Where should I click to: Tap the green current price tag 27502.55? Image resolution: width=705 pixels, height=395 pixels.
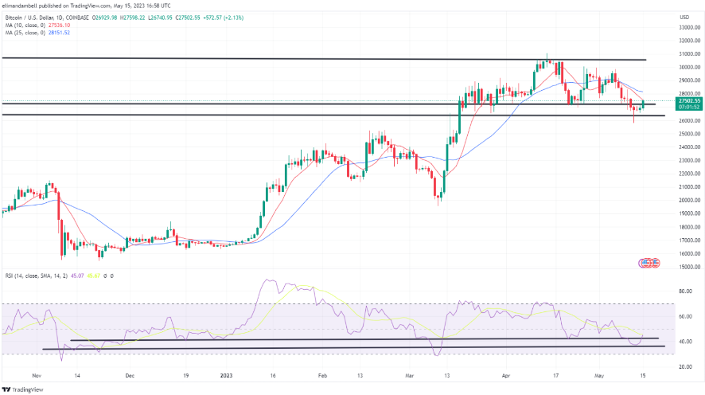point(688,101)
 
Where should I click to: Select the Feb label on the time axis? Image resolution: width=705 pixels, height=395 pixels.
point(323,373)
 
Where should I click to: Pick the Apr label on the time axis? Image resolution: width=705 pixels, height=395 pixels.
point(506,373)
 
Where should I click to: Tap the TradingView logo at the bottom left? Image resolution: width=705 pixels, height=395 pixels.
point(23,389)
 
